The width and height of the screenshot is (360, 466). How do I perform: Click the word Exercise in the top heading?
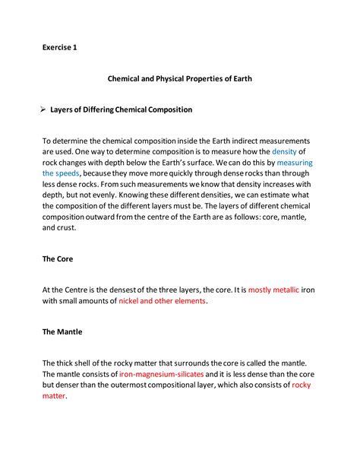point(56,48)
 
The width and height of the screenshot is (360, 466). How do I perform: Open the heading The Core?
point(58,258)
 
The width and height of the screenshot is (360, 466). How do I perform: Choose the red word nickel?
point(131,301)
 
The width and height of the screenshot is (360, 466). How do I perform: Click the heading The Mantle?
point(63,332)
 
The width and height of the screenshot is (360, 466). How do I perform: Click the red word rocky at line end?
point(302,385)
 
